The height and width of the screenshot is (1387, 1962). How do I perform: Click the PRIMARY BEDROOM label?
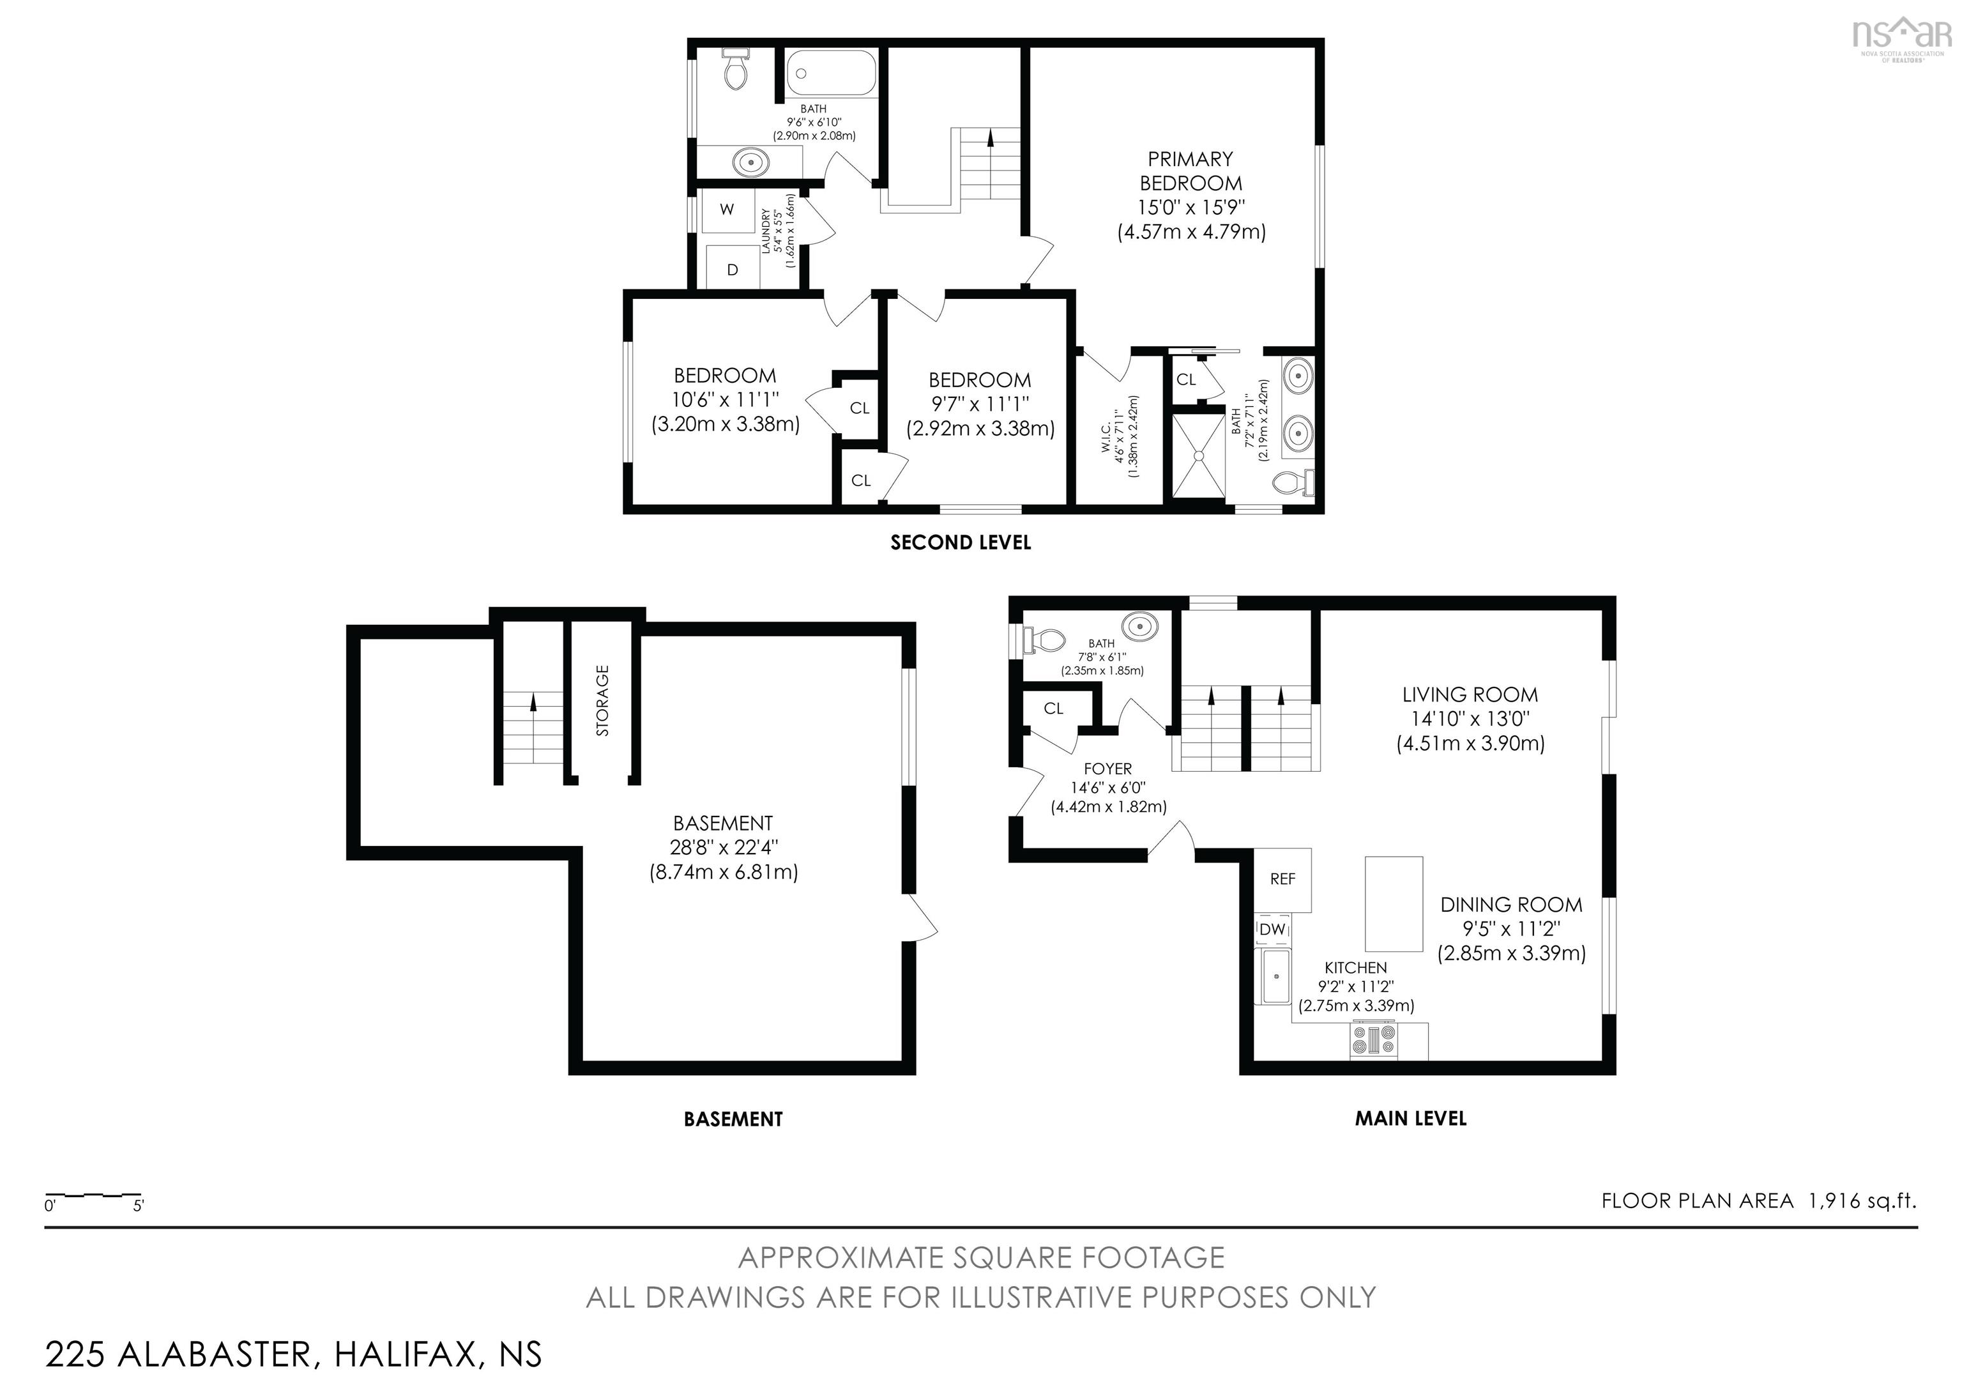tap(1190, 171)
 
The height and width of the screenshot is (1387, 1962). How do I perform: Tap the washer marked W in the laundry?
tap(727, 210)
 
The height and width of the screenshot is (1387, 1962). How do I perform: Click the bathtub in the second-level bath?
tap(832, 74)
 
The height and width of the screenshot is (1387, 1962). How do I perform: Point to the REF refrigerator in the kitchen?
tap(1282, 879)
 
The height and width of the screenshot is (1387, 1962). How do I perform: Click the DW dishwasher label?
tap(1272, 929)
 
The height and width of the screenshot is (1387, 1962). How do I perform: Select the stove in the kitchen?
tap(1373, 1041)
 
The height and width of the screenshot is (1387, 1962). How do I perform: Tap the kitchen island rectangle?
tap(1393, 903)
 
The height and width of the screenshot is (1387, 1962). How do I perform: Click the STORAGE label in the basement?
tap(602, 700)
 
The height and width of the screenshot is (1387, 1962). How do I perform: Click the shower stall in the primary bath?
tap(1198, 456)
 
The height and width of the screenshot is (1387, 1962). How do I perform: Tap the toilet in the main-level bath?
tap(1046, 640)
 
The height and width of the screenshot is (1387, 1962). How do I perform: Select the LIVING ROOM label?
tap(1470, 695)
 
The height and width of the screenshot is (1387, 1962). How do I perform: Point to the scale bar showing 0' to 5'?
tap(94, 1197)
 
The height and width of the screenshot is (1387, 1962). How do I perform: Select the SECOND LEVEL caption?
tap(961, 542)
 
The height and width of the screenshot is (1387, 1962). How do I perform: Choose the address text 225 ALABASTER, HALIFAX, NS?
tap(293, 1354)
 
